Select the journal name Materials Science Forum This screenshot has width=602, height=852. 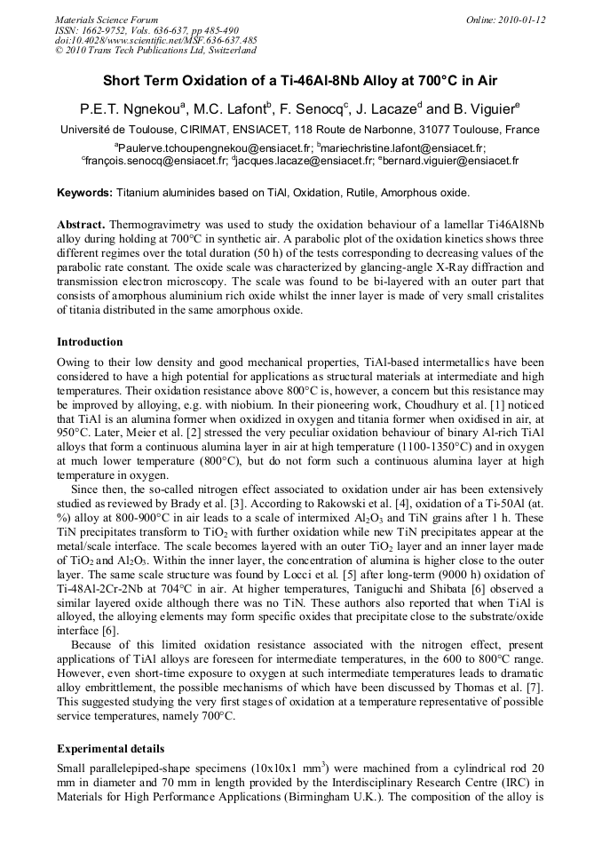pyautogui.click(x=107, y=20)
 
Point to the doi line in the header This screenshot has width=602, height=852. pyautogui.click(x=156, y=40)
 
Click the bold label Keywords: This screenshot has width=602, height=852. pyautogui.click(x=85, y=193)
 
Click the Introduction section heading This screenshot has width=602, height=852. pyautogui.click(x=90, y=342)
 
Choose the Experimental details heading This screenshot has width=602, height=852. pyautogui.click(x=110, y=749)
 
